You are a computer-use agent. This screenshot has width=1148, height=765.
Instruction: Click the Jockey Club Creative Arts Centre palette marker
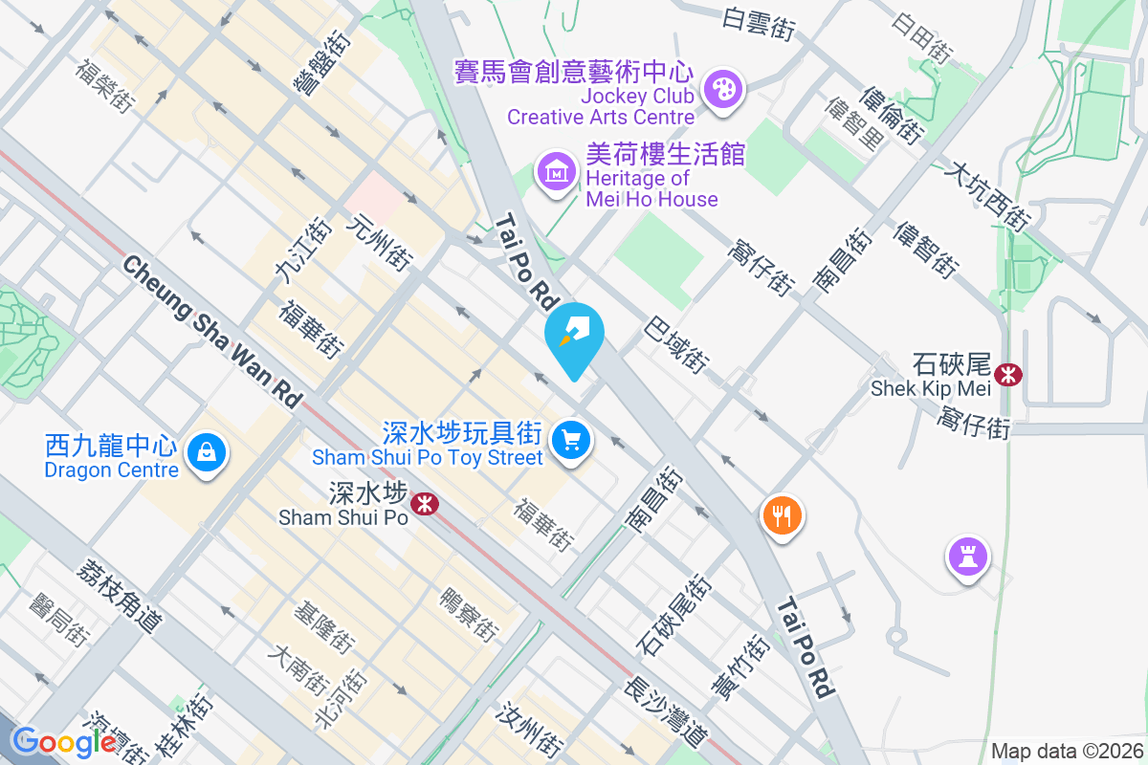pyautogui.click(x=721, y=91)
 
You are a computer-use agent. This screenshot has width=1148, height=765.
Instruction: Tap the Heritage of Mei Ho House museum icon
pyautogui.click(x=557, y=173)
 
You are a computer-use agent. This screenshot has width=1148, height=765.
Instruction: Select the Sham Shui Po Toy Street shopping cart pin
pyautogui.click(x=572, y=441)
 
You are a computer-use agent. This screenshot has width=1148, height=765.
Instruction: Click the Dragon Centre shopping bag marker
pyautogui.click(x=206, y=451)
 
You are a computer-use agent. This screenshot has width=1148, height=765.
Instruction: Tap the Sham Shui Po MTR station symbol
pyautogui.click(x=423, y=502)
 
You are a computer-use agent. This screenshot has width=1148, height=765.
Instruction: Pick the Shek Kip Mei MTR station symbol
pyautogui.click(x=1007, y=374)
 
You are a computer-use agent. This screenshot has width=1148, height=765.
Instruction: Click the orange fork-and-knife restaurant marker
pyautogui.click(x=783, y=516)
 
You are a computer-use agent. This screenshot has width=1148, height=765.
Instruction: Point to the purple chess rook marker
pyautogui.click(x=967, y=556)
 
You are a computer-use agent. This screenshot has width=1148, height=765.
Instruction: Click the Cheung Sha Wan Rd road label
pyautogui.click(x=212, y=332)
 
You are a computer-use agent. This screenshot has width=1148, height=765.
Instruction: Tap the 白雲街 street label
pyautogui.click(x=759, y=24)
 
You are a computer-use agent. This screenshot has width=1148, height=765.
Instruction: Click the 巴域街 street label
pyautogui.click(x=677, y=344)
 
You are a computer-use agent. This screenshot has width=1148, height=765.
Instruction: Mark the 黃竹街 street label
pyautogui.click(x=740, y=667)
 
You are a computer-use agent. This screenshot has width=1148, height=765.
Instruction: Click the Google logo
pyautogui.click(x=64, y=741)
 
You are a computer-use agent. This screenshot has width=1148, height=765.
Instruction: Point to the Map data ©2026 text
pyautogui.click(x=1066, y=751)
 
